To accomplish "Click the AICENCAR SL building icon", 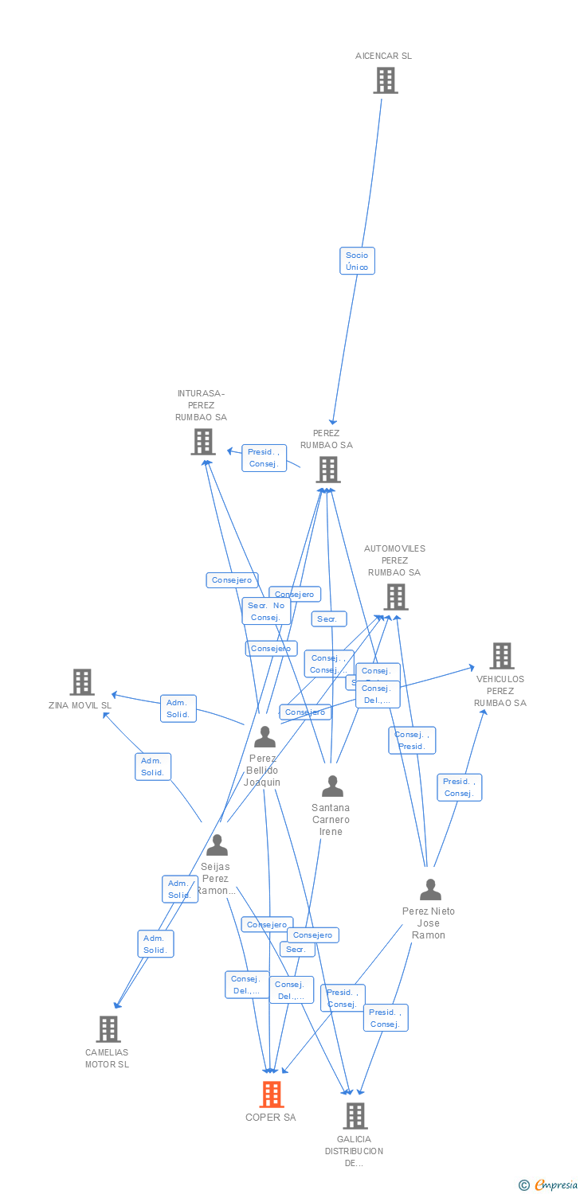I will pyautogui.click(x=386, y=80).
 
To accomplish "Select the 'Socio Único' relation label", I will pyautogui.click(x=357, y=261).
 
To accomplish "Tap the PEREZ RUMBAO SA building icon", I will pyautogui.click(x=328, y=470).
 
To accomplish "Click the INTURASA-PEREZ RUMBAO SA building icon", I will pyautogui.click(x=203, y=441).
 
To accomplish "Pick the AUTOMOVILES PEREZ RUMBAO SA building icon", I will pyautogui.click(x=395, y=596).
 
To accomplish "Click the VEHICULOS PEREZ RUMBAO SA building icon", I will pyautogui.click(x=501, y=656).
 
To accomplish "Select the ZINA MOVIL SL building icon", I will pyautogui.click(x=82, y=682).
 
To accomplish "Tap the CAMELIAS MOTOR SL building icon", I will pyautogui.click(x=108, y=1028).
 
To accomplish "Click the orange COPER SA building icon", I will pyautogui.click(x=272, y=1094).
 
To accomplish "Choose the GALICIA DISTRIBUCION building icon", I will pyautogui.click(x=355, y=1115).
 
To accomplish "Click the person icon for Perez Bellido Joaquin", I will pyautogui.click(x=265, y=737).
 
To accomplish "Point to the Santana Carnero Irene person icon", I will pyautogui.click(x=332, y=786).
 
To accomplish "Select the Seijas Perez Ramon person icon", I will pyautogui.click(x=217, y=845).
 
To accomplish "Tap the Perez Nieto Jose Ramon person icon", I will pyautogui.click(x=430, y=890).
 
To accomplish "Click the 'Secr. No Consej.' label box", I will pyautogui.click(x=265, y=611).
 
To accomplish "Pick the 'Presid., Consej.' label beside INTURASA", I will pyautogui.click(x=264, y=458).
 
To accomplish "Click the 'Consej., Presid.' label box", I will pyautogui.click(x=412, y=740).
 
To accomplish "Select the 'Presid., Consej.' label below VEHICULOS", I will pyautogui.click(x=459, y=787).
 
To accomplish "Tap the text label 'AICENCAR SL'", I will pyautogui.click(x=383, y=56).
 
